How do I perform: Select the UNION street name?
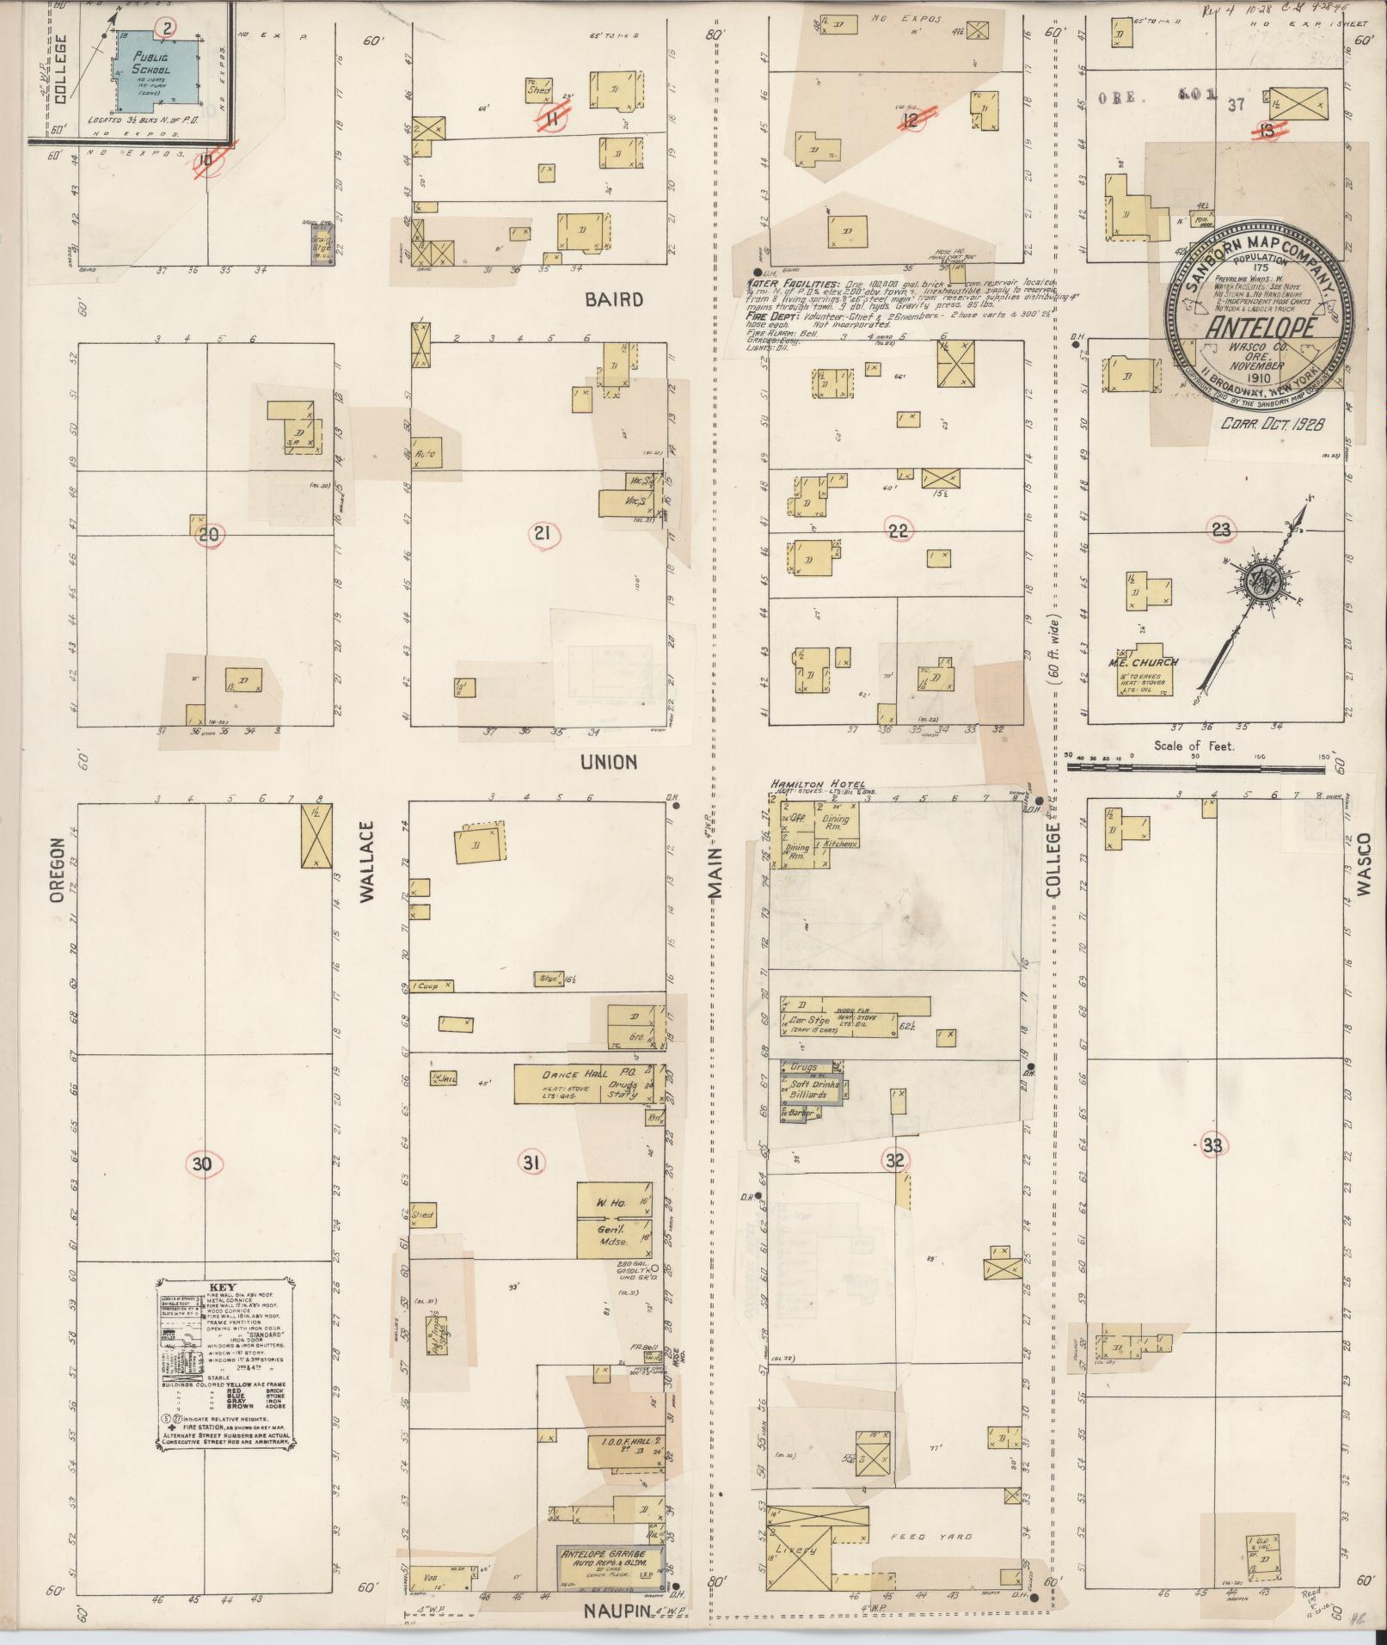pyautogui.click(x=608, y=762)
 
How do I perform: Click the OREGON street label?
pyautogui.click(x=57, y=870)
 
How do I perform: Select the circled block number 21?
pyautogui.click(x=542, y=535)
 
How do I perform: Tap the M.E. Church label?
pyautogui.click(x=1143, y=662)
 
